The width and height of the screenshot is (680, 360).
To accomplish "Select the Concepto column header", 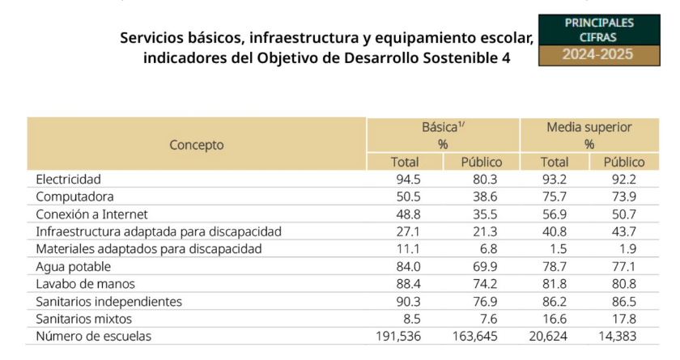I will coord(197,145).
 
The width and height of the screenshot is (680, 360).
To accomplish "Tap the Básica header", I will coord(443,128).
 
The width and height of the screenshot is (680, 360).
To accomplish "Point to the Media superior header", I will coord(589,128).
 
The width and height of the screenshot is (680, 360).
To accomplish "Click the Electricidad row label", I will coord(69,179).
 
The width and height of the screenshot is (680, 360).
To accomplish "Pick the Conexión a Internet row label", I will coord(91,214).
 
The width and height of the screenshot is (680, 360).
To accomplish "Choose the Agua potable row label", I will coord(73,266).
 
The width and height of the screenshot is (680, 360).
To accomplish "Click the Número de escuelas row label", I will coord(94,336).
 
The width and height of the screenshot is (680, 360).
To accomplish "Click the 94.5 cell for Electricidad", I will coord(406,179).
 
